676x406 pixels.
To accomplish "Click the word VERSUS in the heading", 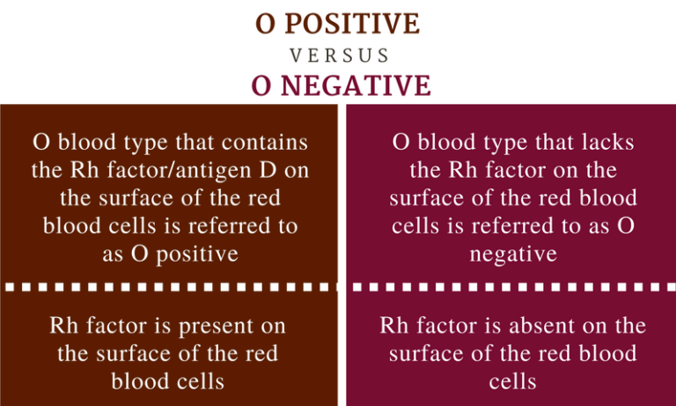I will pyautogui.click(x=339, y=55).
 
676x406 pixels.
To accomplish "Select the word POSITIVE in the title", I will pyautogui.click(x=356, y=24).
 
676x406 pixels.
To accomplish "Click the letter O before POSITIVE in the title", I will pyautogui.click(x=264, y=24).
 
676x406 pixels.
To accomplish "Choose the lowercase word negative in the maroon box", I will pyautogui.click(x=512, y=254).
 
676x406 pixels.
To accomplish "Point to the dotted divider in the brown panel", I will pyautogui.click(x=168, y=286).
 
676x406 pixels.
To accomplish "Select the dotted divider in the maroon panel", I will pyautogui.click(x=511, y=286).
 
